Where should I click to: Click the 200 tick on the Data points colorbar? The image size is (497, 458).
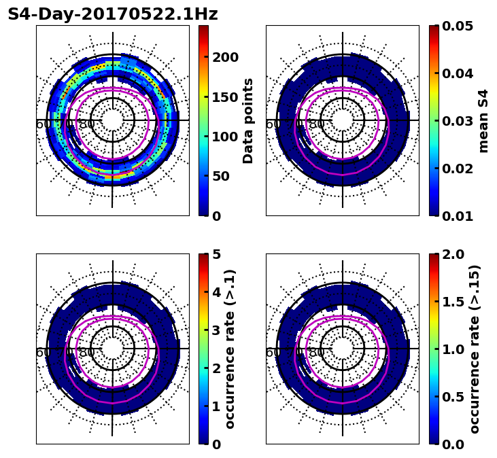point(225,57)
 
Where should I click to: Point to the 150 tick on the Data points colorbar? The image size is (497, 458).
point(225,97)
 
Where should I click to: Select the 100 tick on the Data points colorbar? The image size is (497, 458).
point(225,137)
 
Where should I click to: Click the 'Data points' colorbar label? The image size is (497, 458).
point(248,120)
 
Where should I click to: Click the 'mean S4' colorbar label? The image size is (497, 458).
point(483,120)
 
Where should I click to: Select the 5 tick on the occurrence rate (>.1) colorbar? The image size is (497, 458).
point(217,254)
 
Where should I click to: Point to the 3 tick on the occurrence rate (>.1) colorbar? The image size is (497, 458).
point(217,330)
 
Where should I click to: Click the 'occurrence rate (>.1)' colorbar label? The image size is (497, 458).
point(230,349)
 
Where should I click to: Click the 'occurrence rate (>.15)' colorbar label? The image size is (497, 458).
point(475,349)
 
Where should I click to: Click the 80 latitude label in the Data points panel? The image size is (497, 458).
point(87,124)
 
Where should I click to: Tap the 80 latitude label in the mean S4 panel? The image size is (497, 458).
point(317,124)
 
